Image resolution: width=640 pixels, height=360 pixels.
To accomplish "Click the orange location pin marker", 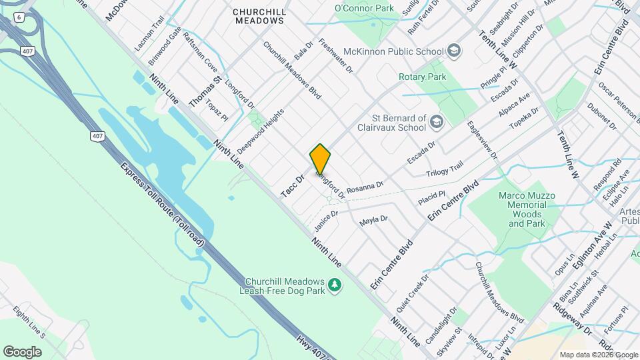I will (x=320, y=159).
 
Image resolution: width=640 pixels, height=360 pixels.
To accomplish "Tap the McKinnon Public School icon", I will (x=454, y=51).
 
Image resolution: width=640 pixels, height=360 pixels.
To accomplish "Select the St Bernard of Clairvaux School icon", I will (x=436, y=121).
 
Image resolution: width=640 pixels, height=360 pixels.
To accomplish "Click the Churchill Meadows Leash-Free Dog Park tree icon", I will (x=335, y=285).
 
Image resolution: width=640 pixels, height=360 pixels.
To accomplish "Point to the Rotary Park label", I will (x=422, y=77).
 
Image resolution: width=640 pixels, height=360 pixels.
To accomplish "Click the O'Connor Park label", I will (x=364, y=8).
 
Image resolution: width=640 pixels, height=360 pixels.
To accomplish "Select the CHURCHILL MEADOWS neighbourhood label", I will (x=260, y=16).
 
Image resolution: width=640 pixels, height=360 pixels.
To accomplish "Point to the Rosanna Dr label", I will (x=365, y=186).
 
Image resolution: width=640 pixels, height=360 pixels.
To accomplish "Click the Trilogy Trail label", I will (x=444, y=170).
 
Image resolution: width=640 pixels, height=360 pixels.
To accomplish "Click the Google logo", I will (x=22, y=351).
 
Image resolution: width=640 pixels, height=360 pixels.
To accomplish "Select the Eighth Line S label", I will (x=30, y=323).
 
